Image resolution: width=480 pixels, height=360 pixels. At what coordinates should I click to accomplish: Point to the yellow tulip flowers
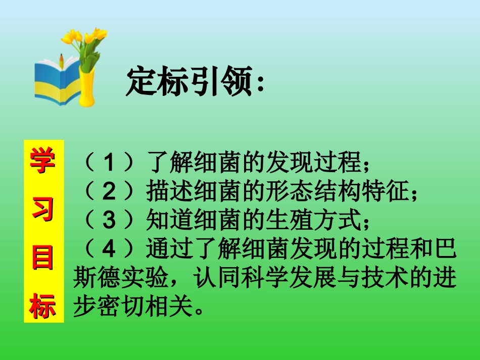tap(86, 38)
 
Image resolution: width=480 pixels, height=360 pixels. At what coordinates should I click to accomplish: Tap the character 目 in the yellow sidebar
tap(44, 258)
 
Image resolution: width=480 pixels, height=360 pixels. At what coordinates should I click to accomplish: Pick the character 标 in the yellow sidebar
tap(44, 304)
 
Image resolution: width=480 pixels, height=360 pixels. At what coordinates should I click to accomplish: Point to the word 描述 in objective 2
tap(163, 192)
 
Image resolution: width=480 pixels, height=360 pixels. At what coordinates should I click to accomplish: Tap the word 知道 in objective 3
tap(163, 220)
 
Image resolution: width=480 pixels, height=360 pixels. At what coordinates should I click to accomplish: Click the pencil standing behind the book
tap(61, 60)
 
